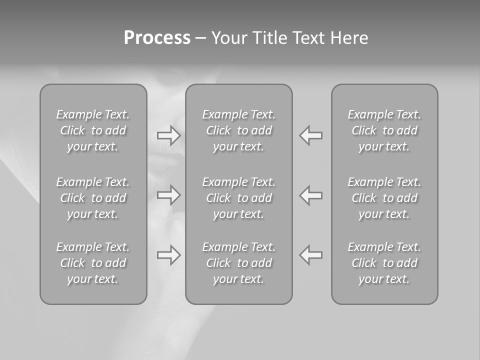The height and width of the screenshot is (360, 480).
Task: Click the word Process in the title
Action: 157,38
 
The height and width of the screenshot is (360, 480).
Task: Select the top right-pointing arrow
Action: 169,135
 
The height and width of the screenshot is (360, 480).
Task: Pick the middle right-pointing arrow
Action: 169,195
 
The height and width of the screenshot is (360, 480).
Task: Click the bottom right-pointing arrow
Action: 169,255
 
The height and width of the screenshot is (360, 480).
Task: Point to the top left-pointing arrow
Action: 311,135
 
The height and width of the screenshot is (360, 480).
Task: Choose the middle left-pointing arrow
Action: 311,195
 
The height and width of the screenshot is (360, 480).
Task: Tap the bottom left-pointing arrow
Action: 311,255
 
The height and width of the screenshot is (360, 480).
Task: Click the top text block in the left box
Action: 93,130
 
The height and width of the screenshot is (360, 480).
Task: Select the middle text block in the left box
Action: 93,198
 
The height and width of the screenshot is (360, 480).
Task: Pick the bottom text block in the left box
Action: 93,263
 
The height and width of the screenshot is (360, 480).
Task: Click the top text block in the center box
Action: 239,130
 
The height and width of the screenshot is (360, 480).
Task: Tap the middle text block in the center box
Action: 239,198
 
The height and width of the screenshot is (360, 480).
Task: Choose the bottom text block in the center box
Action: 239,263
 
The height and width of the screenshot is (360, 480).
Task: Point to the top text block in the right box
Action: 384,130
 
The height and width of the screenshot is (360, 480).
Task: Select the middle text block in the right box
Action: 384,198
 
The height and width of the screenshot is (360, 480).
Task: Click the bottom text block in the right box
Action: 384,263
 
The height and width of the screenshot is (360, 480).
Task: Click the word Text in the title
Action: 308,38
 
